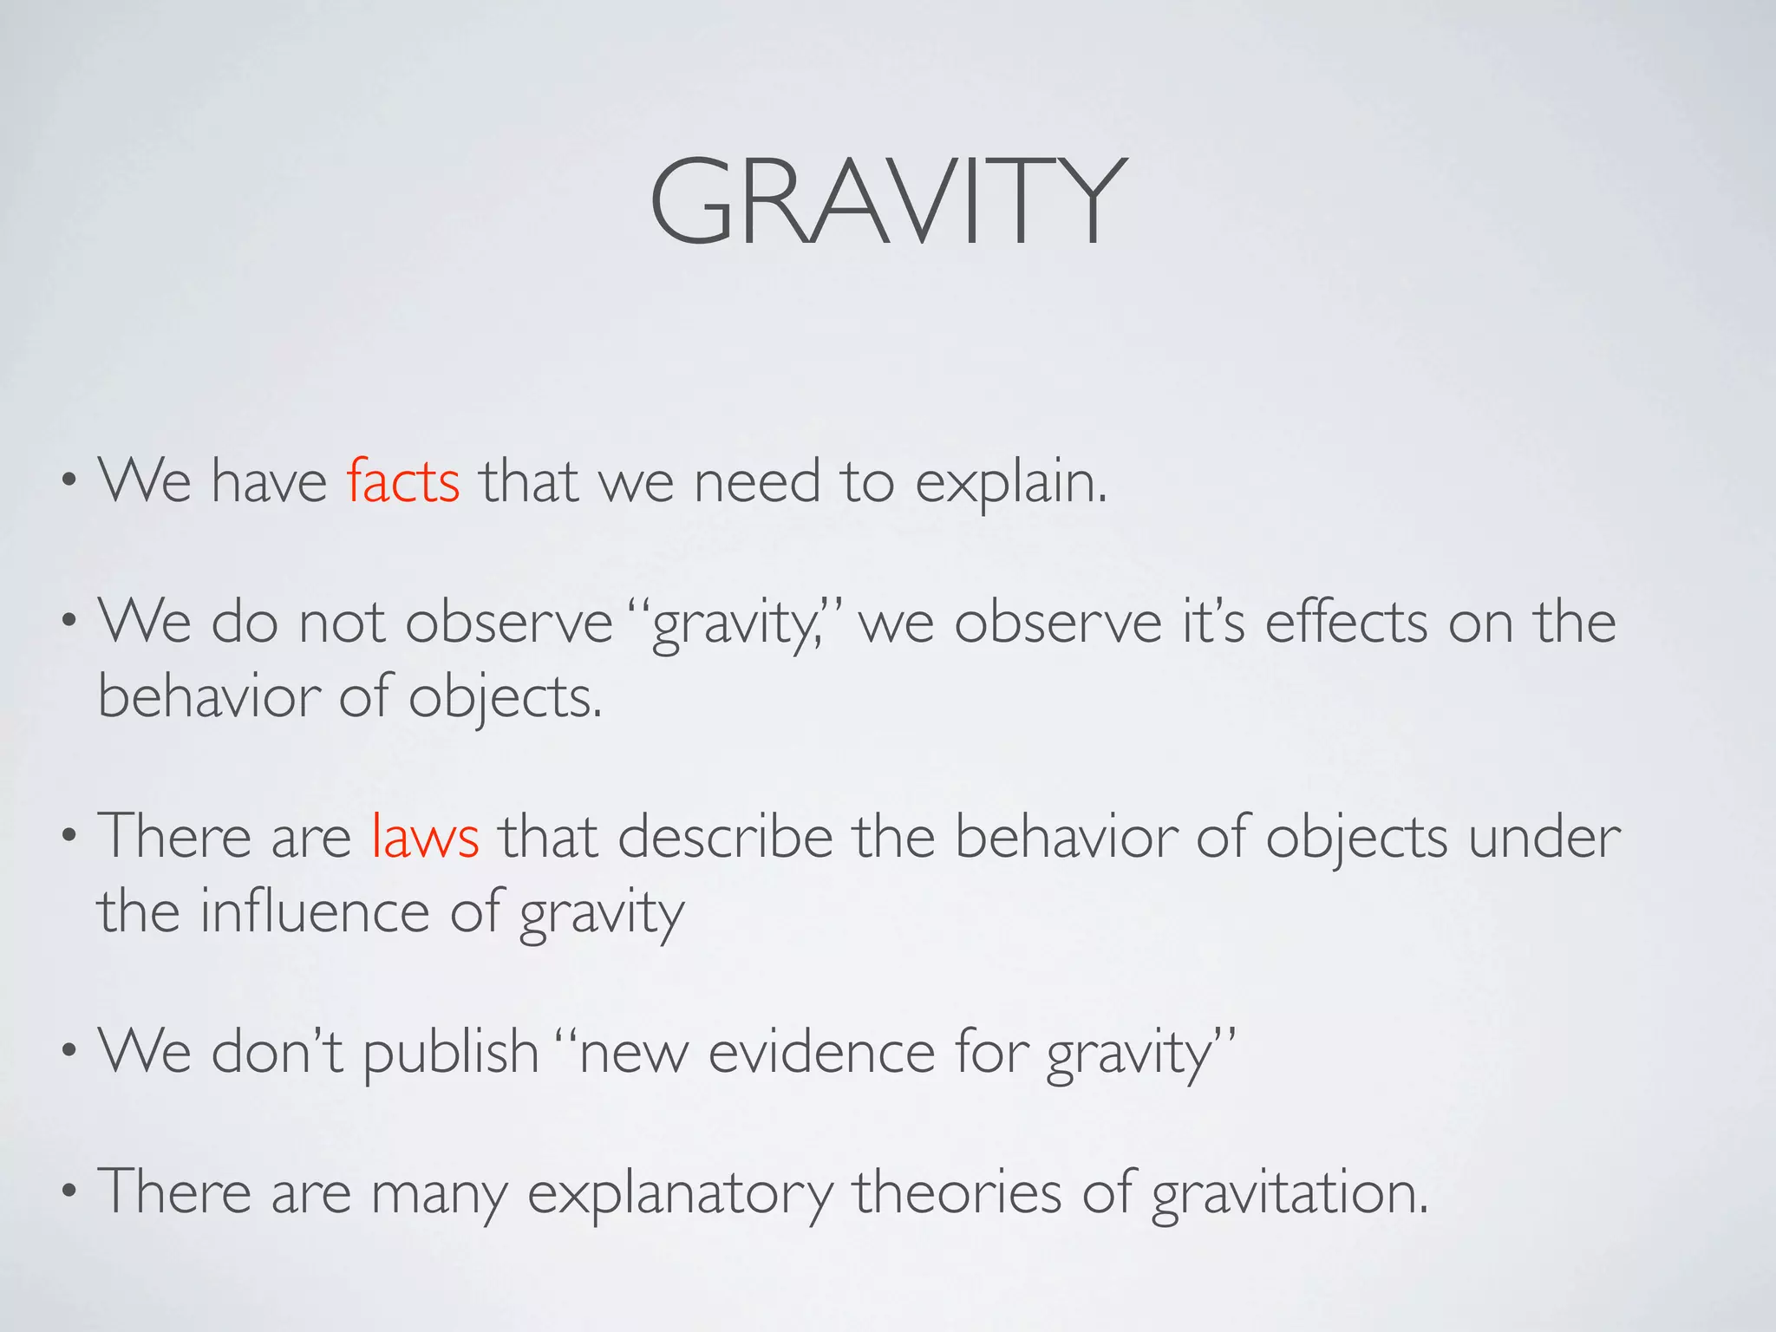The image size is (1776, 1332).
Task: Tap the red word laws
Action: point(425,838)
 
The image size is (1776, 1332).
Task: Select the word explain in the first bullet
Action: point(1010,483)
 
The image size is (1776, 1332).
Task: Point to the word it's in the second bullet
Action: point(1213,623)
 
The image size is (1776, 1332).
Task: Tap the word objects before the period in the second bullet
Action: point(503,698)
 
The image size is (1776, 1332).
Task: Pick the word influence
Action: point(314,912)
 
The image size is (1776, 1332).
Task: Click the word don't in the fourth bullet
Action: point(277,1051)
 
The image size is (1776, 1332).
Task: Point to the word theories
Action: point(957,1192)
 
